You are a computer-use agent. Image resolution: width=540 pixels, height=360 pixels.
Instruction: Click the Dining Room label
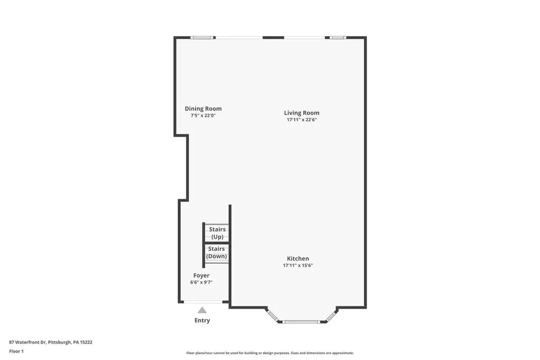(x=203, y=109)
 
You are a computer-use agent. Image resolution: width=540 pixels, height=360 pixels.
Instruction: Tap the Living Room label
(x=302, y=113)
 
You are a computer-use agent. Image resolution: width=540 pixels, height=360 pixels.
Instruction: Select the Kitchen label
(x=298, y=258)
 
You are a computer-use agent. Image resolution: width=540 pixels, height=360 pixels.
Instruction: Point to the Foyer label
(x=201, y=276)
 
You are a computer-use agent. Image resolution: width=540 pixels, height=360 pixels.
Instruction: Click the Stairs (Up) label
(x=217, y=233)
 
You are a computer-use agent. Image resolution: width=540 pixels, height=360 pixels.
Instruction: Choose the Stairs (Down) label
(x=217, y=252)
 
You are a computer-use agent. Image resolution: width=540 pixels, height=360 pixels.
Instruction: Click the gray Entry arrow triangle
(x=202, y=310)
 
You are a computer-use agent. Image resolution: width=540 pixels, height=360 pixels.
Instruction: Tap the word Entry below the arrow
(x=202, y=320)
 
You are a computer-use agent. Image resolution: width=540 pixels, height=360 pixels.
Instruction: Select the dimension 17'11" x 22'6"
(x=302, y=120)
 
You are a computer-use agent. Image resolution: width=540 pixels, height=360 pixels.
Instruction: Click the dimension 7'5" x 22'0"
(x=203, y=115)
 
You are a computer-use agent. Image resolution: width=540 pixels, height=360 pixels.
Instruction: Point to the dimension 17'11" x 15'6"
(x=298, y=265)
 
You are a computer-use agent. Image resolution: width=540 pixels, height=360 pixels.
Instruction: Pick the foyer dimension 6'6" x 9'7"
(x=201, y=283)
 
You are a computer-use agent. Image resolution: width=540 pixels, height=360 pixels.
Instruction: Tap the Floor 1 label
(x=16, y=352)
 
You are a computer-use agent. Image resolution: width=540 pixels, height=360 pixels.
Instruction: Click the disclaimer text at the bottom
(x=270, y=353)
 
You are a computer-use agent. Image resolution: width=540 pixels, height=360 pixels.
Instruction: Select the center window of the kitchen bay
(x=301, y=322)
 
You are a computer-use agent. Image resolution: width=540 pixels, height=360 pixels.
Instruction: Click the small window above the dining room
(x=203, y=37)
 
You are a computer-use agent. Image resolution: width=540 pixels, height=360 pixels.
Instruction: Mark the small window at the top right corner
(x=338, y=37)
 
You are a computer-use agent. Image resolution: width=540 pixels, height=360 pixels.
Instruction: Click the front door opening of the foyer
(x=203, y=302)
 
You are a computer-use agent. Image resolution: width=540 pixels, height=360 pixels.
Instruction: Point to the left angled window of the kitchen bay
(x=273, y=316)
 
